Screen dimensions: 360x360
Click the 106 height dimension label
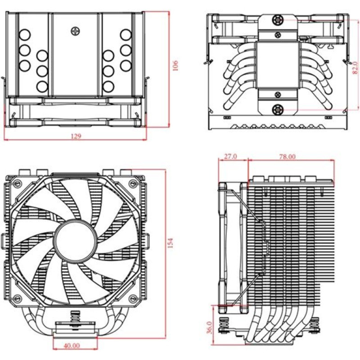[175, 66]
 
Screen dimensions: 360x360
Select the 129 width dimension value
[76, 136]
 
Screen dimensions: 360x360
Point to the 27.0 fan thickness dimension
[230, 157]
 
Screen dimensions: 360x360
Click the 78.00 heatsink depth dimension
[287, 157]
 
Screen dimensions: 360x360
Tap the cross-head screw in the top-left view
[75, 31]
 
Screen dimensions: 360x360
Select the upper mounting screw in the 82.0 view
[277, 21]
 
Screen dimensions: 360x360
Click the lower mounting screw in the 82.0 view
[277, 108]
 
